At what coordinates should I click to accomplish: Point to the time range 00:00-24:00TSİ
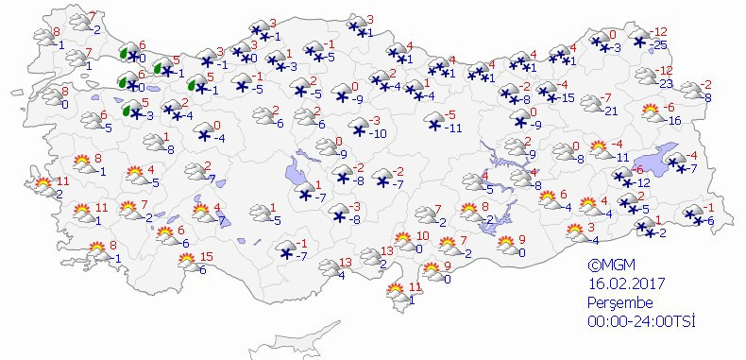point(642,321)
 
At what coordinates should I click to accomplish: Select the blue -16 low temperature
point(674,120)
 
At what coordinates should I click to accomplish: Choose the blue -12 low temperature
point(642,181)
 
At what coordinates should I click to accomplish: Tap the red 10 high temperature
point(422,235)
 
